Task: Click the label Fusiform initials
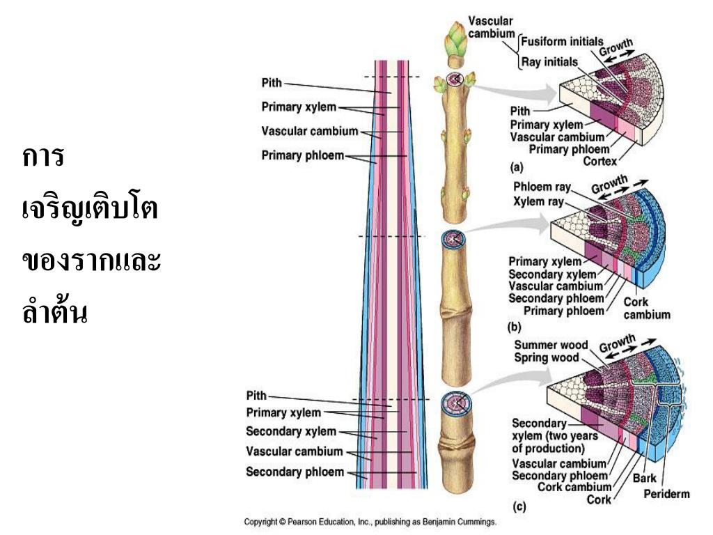coord(563,42)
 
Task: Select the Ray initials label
coord(550,62)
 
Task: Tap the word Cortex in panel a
coord(600,162)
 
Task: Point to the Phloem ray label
coord(542,187)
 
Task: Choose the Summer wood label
coord(551,346)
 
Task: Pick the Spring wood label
coord(546,358)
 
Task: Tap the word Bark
coord(645,479)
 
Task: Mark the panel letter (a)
coord(517,167)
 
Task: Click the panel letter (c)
coord(518,508)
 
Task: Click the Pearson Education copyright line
coord(370,521)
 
